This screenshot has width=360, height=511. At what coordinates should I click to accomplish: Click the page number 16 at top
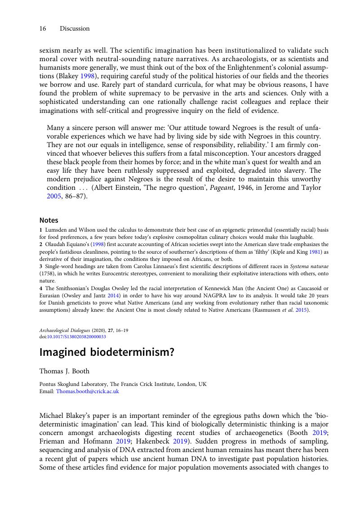(43, 28)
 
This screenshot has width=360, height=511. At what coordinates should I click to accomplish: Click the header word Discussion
(75, 28)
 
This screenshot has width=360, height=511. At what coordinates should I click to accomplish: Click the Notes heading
(49, 220)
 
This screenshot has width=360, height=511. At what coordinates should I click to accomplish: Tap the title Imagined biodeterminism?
(107, 352)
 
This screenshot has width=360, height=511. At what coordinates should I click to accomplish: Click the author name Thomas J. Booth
(64, 371)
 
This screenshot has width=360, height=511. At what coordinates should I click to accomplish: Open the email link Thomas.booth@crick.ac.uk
(87, 391)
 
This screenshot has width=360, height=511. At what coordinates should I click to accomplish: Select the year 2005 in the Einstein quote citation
(54, 196)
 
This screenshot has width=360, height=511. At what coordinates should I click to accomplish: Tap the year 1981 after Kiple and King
(316, 252)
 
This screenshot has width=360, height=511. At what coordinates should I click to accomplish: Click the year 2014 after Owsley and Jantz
(113, 296)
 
